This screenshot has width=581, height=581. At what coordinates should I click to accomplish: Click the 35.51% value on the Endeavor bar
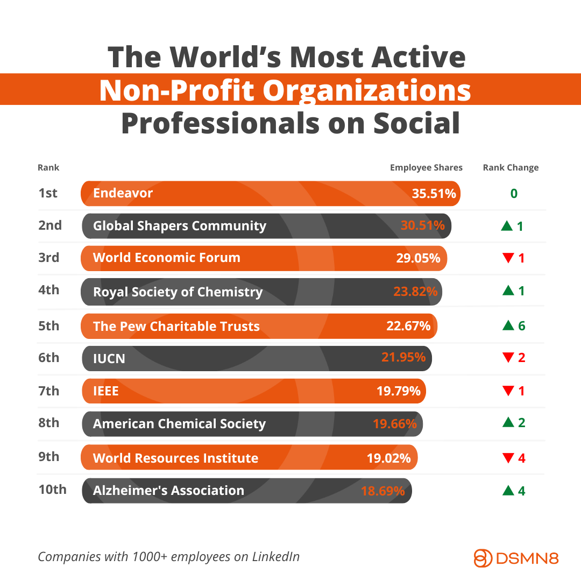434,193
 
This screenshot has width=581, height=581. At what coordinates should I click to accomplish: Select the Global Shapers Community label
179,226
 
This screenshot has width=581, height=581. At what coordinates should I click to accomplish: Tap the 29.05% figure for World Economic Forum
418,258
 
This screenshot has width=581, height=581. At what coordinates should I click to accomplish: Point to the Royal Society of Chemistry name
178,292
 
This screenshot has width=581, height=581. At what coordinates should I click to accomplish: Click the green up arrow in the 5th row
507,325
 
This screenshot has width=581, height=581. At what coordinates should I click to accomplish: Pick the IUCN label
109,358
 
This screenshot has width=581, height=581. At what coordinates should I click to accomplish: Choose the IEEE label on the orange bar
105,391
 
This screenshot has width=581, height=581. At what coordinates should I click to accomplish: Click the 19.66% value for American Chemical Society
394,424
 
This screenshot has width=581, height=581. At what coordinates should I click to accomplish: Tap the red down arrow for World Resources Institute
507,458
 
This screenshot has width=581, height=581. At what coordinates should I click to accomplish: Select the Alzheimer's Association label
168,491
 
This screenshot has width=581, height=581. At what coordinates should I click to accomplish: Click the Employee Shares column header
426,167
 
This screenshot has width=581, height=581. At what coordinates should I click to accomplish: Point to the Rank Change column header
511,167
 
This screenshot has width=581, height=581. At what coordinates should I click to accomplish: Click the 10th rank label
52,490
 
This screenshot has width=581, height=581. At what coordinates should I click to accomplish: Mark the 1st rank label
48,193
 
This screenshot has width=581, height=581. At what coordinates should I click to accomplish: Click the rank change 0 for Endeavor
514,193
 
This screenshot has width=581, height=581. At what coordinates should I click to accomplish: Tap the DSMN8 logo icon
483,558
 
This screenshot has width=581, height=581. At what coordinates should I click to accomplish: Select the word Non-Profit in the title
176,90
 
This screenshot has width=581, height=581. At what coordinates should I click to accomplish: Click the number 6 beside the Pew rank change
521,325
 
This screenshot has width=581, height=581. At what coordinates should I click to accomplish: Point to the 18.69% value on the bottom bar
382,491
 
